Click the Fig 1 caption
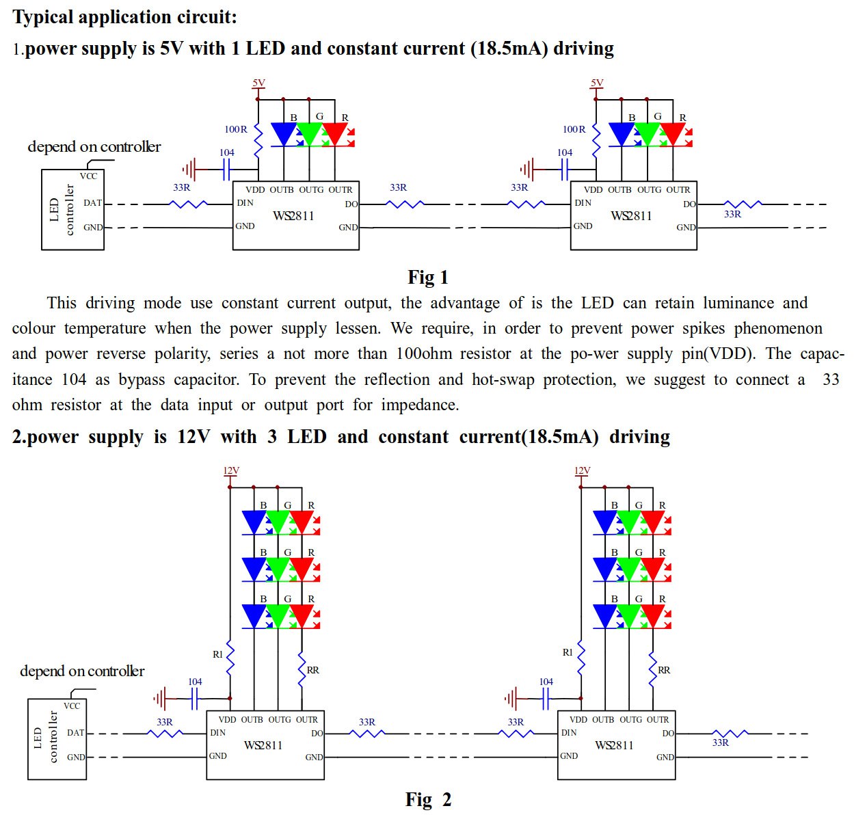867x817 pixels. (x=428, y=277)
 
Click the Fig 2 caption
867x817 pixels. (x=428, y=799)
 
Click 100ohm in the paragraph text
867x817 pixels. (x=424, y=354)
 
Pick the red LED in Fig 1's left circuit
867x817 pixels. (x=334, y=134)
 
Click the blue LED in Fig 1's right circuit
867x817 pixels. (x=622, y=134)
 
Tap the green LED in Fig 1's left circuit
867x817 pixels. (x=310, y=134)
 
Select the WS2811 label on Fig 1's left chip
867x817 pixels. (x=293, y=216)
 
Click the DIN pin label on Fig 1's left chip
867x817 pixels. (x=245, y=203)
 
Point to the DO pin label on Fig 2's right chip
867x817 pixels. (x=668, y=734)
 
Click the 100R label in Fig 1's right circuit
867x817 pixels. (x=574, y=129)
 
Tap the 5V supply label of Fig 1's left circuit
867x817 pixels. (x=258, y=83)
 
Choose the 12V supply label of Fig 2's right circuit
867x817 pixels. (x=582, y=470)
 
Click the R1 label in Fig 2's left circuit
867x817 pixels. (x=217, y=654)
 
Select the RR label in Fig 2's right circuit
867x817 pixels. (x=664, y=670)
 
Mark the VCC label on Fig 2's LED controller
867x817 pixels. (x=72, y=706)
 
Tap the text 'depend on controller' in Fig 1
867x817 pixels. (x=94, y=147)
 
